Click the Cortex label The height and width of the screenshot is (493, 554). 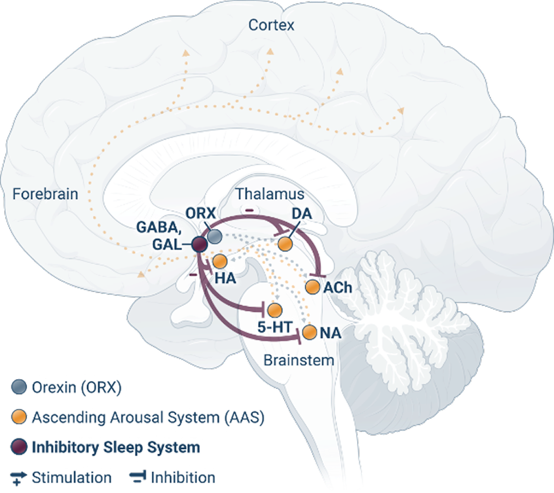point(272,26)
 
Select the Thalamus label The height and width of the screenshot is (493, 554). point(270,194)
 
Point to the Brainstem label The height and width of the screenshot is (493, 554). point(299,360)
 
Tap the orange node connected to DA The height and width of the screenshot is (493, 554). point(284,244)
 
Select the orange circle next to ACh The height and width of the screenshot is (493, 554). point(312,287)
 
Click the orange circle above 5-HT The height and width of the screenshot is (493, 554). point(275,310)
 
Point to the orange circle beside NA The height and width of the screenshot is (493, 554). point(310,332)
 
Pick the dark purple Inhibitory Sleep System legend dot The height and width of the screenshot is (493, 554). point(20,447)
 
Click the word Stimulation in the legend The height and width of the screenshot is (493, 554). point(71,477)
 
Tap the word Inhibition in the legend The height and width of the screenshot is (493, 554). point(183,477)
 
